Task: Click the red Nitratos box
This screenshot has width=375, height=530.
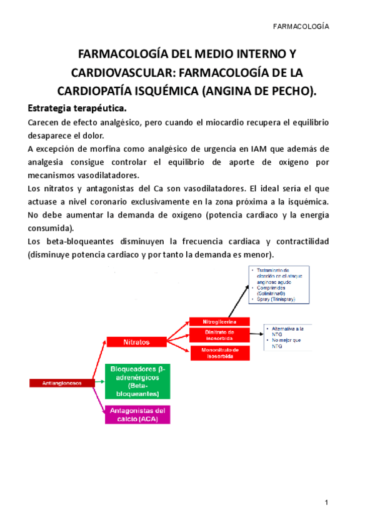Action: click(136, 342)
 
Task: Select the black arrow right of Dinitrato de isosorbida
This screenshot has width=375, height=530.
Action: click(256, 335)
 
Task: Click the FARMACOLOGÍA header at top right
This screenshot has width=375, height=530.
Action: click(302, 27)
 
